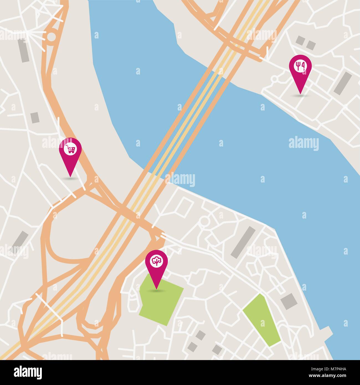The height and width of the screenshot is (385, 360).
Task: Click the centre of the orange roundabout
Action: tap(52, 37)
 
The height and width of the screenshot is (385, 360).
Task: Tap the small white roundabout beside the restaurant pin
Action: tap(274, 79)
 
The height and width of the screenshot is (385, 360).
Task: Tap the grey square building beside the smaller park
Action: tap(288, 302)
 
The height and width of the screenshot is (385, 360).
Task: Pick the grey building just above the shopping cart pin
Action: tap(35, 117)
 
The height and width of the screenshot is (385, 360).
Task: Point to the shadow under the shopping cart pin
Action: tap(70, 178)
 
